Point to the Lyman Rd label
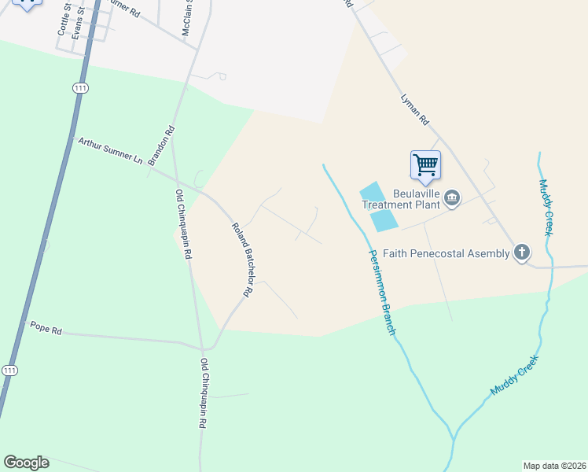coord(414,110)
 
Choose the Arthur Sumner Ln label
coord(110,151)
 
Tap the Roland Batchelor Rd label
coord(241,259)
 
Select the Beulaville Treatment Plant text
coord(397,199)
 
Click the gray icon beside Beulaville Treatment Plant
coord(452,197)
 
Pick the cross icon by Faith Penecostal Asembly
coord(521,253)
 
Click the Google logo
coord(26,463)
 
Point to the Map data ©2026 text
coord(554,466)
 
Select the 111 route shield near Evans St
coord(79,88)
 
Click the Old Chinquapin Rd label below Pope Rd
coord(203,393)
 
